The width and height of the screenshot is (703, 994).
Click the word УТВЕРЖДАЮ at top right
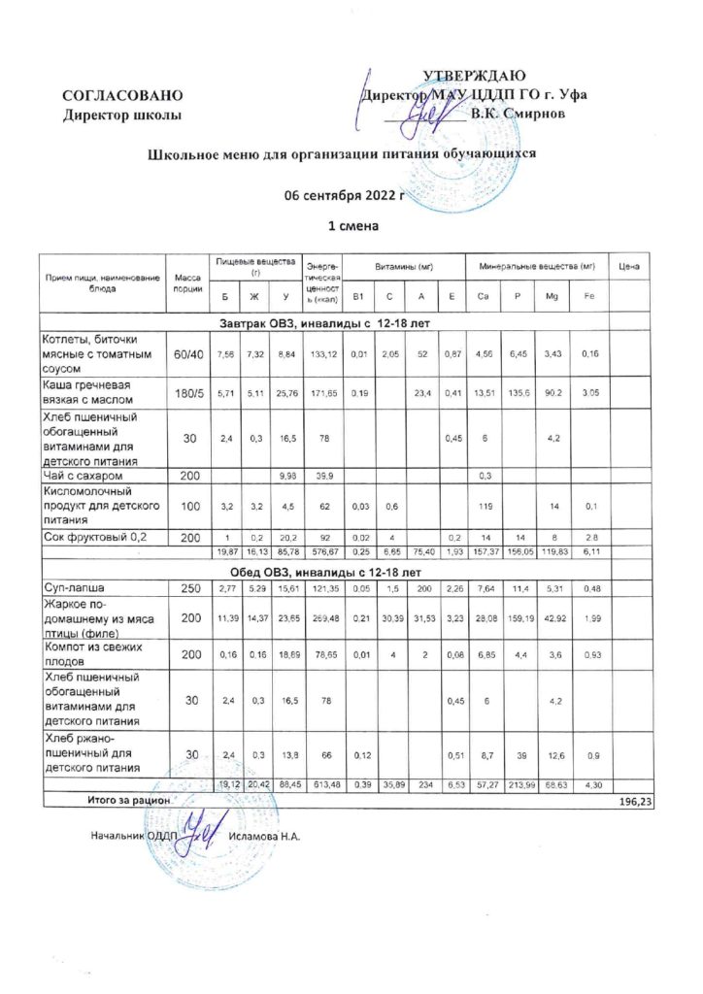(x=474, y=77)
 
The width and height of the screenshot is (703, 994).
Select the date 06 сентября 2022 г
(x=343, y=194)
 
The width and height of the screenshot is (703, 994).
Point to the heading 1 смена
(x=351, y=226)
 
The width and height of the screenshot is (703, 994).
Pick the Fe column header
(x=588, y=295)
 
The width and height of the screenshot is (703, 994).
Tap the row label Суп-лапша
(x=68, y=588)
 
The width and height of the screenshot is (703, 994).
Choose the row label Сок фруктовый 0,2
(x=90, y=536)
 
